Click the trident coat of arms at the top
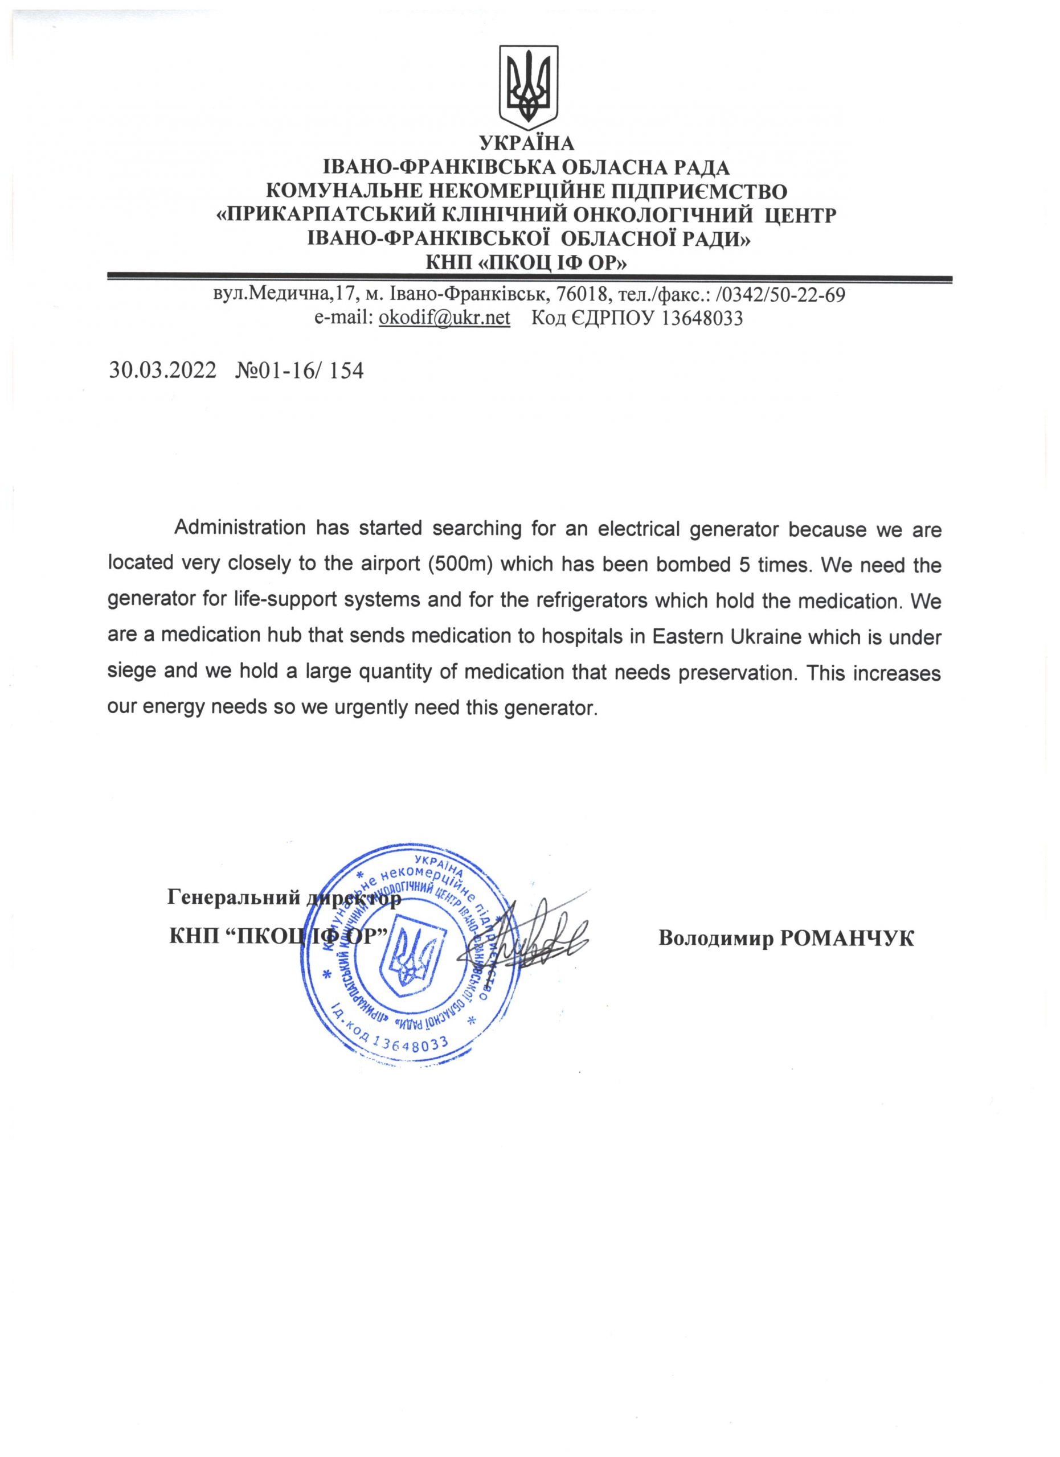[529, 86]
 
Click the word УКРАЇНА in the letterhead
[526, 143]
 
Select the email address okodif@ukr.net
[444, 318]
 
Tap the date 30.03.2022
[163, 371]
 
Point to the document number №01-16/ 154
[300, 371]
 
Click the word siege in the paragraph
[131, 672]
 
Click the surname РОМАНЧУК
[846, 939]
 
